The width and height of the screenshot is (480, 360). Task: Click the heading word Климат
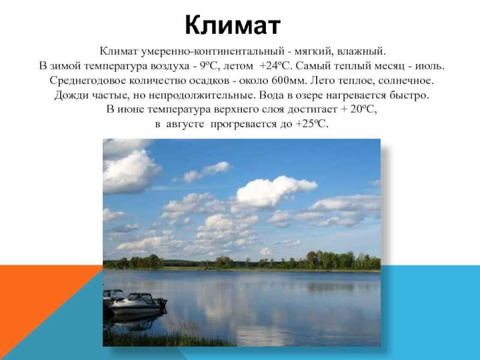[233, 25]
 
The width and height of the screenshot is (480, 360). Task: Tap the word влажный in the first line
[361, 51]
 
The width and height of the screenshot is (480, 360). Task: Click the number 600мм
[289, 80]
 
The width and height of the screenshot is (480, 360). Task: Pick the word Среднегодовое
[88, 81]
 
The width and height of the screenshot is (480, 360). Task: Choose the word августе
[185, 125]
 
